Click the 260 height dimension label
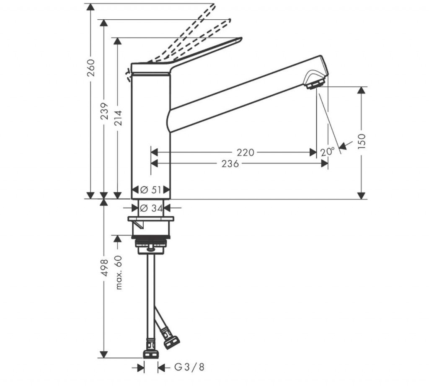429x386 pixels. pos(91,67)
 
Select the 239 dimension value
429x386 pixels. pos(104,111)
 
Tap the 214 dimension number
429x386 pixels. pos(118,119)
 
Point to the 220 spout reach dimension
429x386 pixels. pos(245,152)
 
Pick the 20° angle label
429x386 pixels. pos(328,152)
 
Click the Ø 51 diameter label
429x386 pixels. pos(150,190)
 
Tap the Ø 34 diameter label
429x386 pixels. pos(150,207)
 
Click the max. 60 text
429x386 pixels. pos(118,272)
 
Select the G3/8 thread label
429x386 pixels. pos(189,368)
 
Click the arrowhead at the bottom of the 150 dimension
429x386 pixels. pos(362,195)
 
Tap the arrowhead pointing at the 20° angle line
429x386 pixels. pos(343,146)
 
